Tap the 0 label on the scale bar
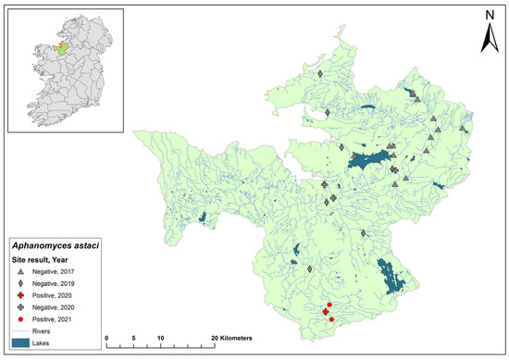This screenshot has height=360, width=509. pos(107,340)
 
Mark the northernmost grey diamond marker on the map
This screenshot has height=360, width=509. pos(318,73)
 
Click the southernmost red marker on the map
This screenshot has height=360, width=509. pos(331,320)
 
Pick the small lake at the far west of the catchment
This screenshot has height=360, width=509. pos(202,218)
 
